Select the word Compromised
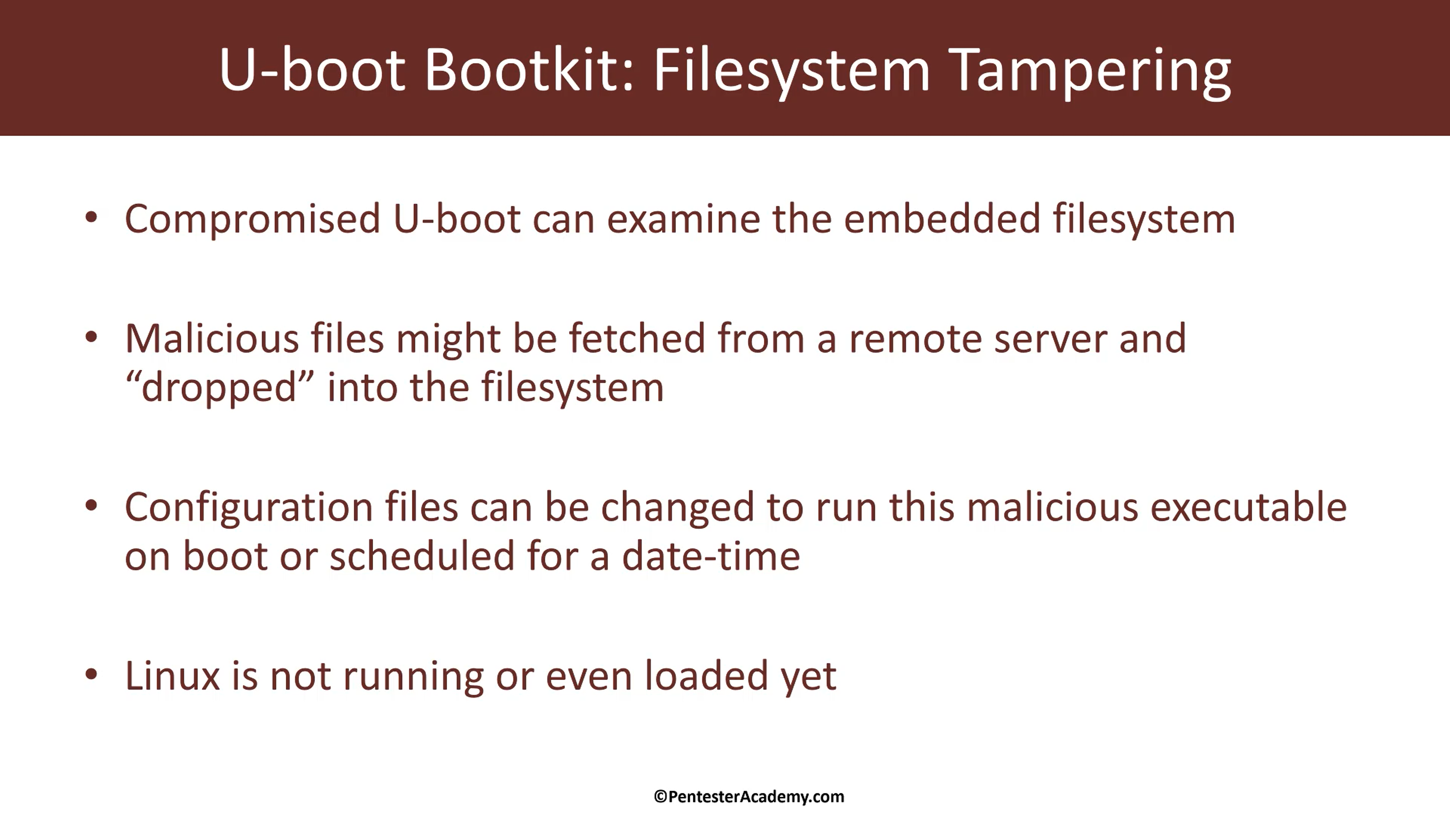[x=253, y=219]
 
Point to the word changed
[x=677, y=507]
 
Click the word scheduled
[x=422, y=555]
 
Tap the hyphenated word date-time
[x=711, y=556]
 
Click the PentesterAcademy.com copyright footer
[x=749, y=797]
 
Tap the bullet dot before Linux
[x=91, y=674]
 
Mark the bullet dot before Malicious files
[x=91, y=337]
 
